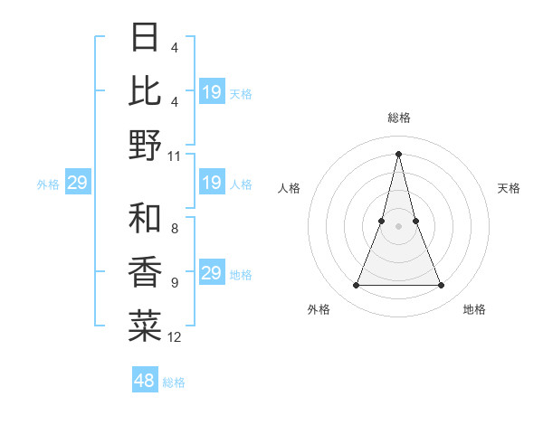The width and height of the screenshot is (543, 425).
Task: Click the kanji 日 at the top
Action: click(x=146, y=38)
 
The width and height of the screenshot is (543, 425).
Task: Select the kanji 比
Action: click(x=146, y=91)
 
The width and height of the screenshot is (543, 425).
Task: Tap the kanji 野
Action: click(x=146, y=145)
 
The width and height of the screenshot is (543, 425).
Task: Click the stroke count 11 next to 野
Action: click(x=175, y=156)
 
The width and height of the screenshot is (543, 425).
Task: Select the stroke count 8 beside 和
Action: click(x=175, y=230)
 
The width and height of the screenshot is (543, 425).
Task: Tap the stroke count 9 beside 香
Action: click(x=175, y=283)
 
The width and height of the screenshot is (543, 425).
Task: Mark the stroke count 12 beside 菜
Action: click(x=175, y=337)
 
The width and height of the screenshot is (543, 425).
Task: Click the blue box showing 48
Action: click(x=145, y=381)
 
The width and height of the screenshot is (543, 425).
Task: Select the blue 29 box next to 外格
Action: click(x=77, y=184)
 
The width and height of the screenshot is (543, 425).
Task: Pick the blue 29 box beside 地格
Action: click(x=211, y=274)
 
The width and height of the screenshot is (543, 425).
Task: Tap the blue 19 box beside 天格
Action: click(x=211, y=92)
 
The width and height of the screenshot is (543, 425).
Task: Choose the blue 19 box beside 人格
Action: click(x=211, y=184)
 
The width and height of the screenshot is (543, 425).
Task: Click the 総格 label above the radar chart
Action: click(x=398, y=118)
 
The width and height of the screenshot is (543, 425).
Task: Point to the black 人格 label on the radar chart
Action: click(x=290, y=188)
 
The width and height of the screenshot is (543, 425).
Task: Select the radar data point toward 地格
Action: click(x=442, y=286)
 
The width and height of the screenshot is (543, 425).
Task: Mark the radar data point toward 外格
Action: click(x=356, y=286)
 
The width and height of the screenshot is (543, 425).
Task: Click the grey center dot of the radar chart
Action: click(x=398, y=226)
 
